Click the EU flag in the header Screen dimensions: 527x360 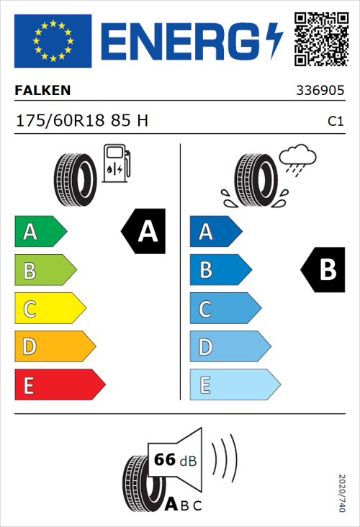(53, 40)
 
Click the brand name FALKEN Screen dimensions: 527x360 (42, 91)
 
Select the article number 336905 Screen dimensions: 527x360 (321, 91)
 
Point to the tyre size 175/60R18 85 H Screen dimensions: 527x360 (82, 121)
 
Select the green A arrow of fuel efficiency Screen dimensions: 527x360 (40, 232)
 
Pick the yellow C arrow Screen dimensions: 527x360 (50, 308)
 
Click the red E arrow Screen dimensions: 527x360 (60, 384)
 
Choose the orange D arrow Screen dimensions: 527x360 (55, 346)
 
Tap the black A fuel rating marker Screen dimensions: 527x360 (143, 232)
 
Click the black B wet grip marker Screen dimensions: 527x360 (323, 270)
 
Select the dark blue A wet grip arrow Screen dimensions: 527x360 (215, 232)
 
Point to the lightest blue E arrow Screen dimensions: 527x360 (234, 384)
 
